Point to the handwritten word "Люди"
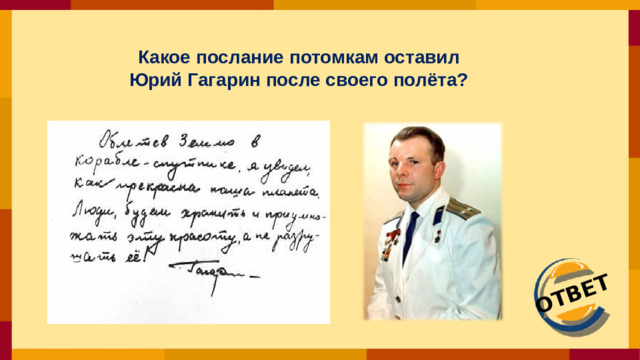96,210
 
